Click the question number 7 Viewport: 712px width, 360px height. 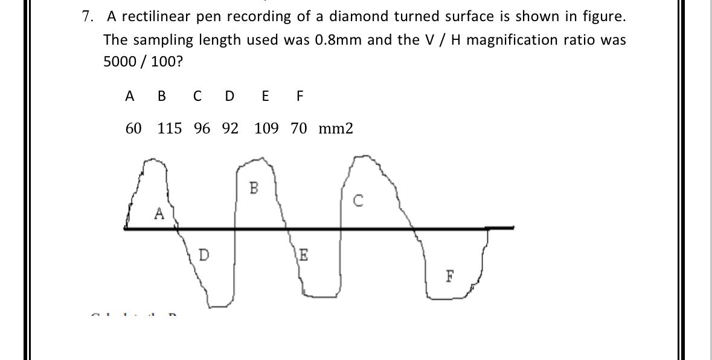[x=88, y=17]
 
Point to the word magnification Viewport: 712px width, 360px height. [x=516, y=40]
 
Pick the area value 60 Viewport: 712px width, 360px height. [x=133, y=129]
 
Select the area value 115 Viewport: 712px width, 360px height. [x=170, y=129]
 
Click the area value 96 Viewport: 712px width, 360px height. [x=202, y=129]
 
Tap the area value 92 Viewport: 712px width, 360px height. [x=230, y=129]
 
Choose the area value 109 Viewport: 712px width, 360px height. [x=266, y=129]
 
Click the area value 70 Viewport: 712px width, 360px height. [x=299, y=129]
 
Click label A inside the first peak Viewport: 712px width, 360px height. [x=159, y=213]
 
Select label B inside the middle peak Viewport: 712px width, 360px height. [x=253, y=188]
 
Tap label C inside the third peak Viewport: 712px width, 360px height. [x=358, y=201]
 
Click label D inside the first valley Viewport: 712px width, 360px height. [x=204, y=255]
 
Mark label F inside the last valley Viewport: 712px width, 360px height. [x=449, y=277]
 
